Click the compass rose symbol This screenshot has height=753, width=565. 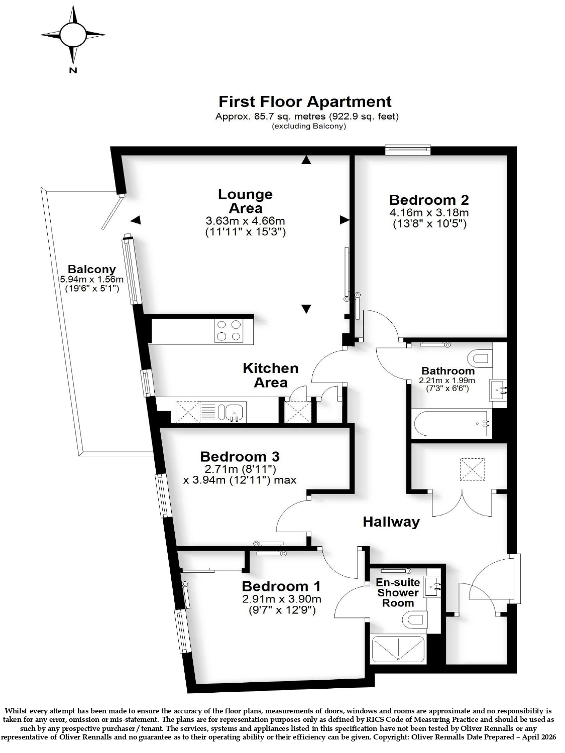[x=73, y=35]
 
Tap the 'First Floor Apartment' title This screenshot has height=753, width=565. [x=305, y=102]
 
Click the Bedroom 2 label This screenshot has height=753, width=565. [x=429, y=200]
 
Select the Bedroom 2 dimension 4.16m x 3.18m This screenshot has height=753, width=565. [x=429, y=213]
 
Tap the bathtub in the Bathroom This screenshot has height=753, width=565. [x=453, y=424]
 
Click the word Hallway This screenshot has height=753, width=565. [x=391, y=522]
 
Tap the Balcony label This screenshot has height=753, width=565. [x=91, y=269]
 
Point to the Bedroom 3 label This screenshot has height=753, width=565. [x=240, y=457]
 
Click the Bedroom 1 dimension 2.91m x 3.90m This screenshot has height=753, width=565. [x=282, y=599]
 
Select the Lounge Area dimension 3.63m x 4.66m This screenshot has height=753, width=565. [x=245, y=220]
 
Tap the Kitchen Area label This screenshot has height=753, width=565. [x=271, y=375]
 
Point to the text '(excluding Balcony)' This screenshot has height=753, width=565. [x=309, y=126]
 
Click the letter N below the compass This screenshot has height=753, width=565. [x=73, y=71]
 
